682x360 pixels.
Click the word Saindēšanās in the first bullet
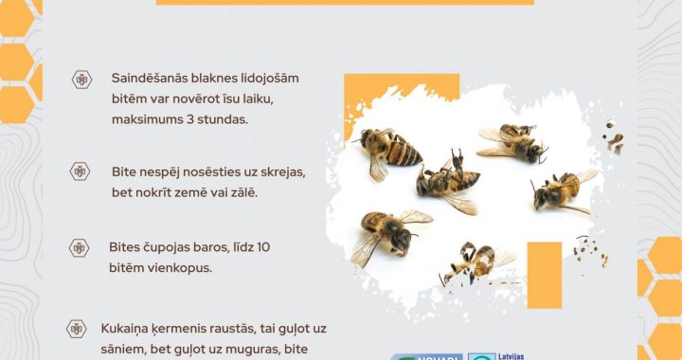[151, 79]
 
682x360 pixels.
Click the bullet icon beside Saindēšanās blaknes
[81, 80]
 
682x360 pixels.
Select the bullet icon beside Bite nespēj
[81, 171]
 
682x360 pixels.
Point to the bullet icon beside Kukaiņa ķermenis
[76, 329]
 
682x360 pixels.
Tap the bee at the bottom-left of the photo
[385, 231]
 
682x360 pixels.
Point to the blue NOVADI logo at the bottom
[428, 356]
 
